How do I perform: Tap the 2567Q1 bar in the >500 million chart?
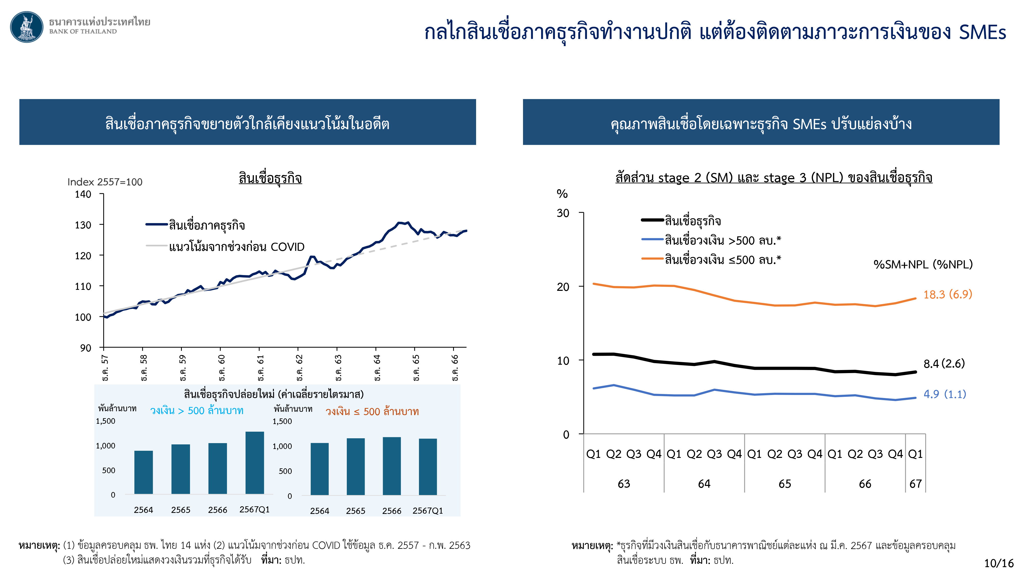[254, 463]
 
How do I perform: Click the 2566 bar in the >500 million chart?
[217, 468]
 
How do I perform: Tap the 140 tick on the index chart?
[83, 194]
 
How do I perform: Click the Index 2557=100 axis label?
[105, 182]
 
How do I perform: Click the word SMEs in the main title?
[982, 32]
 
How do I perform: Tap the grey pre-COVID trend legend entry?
[236, 247]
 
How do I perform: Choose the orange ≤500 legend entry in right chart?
[722, 260]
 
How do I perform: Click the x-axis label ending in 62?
[300, 367]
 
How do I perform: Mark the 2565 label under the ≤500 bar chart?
[355, 511]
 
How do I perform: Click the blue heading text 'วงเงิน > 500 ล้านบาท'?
[196, 411]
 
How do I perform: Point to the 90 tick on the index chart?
[85, 348]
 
